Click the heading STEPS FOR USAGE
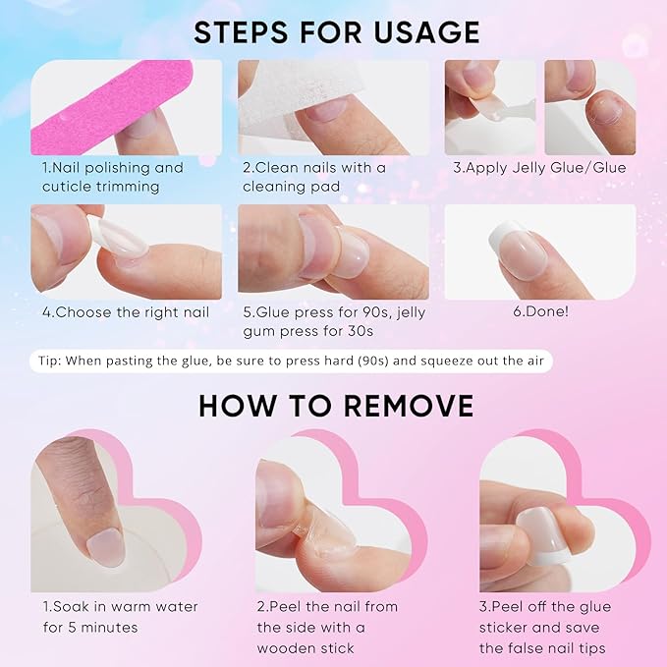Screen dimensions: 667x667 coord(336,31)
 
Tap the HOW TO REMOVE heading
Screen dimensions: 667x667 coord(336,406)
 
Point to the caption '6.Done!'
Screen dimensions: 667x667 coord(540,312)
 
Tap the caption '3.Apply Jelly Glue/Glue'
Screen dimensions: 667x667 coord(539,168)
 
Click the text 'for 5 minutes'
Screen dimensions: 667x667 coord(89,627)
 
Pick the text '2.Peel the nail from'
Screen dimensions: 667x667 coord(327,606)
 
